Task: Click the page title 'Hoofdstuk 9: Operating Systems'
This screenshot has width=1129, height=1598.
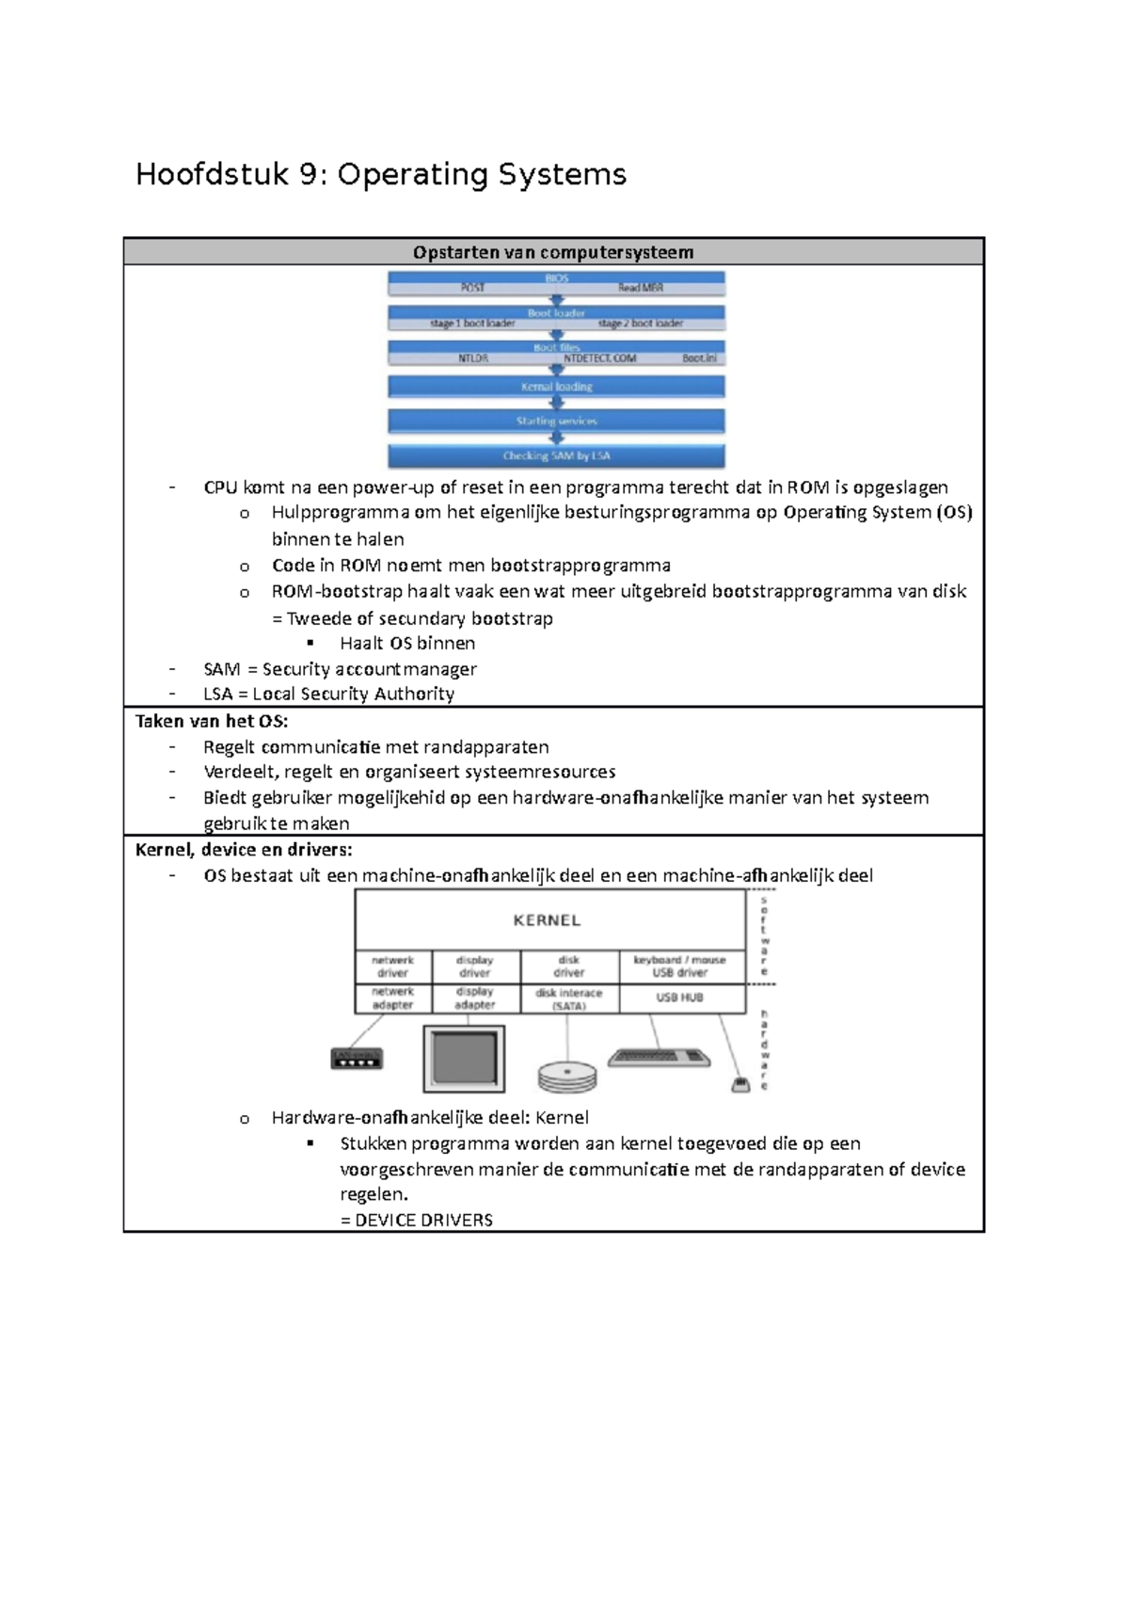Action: pos(381,175)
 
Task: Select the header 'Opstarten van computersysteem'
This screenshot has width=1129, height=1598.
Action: pos(553,252)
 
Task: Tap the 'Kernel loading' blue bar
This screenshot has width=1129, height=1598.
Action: pos(556,387)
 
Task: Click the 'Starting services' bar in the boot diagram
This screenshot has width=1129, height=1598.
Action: pos(556,421)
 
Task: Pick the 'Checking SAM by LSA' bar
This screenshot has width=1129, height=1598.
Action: pos(556,455)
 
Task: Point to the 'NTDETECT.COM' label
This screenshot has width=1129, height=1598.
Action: pos(599,359)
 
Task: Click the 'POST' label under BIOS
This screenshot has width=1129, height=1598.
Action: pos(472,288)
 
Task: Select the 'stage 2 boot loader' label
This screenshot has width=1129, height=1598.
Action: pos(641,324)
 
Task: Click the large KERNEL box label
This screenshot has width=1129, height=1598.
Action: pos(547,920)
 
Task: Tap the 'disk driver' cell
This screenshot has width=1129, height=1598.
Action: pos(569,967)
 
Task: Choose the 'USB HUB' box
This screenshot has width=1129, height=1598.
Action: pos(680,998)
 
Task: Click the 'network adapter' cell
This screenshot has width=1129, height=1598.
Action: pos(392,999)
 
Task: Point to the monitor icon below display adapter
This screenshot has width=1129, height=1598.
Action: pos(464,1060)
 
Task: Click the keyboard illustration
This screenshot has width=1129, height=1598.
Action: pos(659,1058)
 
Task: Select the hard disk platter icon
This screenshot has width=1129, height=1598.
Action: pos(567,1077)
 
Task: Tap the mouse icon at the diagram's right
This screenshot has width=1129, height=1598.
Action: pos(740,1085)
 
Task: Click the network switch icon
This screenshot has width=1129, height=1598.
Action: pos(357,1060)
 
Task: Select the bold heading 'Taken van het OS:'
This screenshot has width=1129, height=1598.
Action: pos(212,722)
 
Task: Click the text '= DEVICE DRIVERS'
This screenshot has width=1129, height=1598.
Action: pos(416,1221)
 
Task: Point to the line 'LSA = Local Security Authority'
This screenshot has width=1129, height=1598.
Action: pos(328,695)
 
